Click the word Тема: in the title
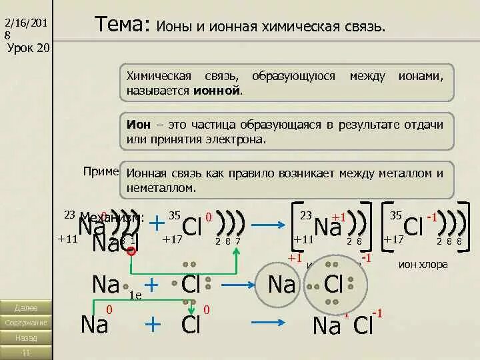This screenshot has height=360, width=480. (x=122, y=26)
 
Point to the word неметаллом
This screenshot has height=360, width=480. (x=161, y=187)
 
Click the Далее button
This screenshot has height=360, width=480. (x=25, y=308)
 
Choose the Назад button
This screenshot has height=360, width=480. (x=25, y=337)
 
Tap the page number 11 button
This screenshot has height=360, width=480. (x=25, y=352)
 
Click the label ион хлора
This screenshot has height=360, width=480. (x=423, y=265)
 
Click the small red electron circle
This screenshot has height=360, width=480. (x=132, y=251)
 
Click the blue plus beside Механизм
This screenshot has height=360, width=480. (x=157, y=222)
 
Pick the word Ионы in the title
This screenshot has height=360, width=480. (x=173, y=28)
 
